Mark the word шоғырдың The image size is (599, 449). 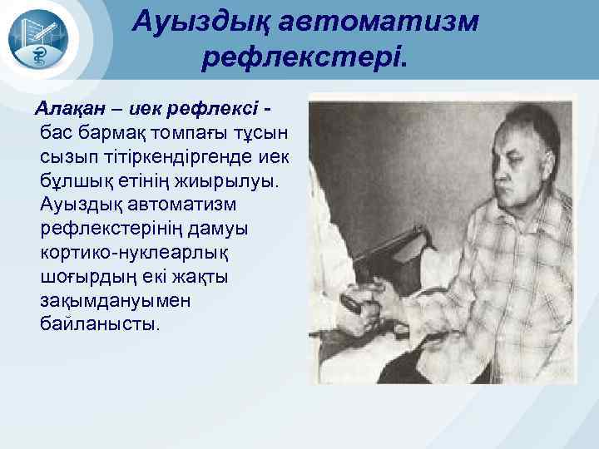[x=86, y=276]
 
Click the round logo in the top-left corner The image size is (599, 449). [x=44, y=40]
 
